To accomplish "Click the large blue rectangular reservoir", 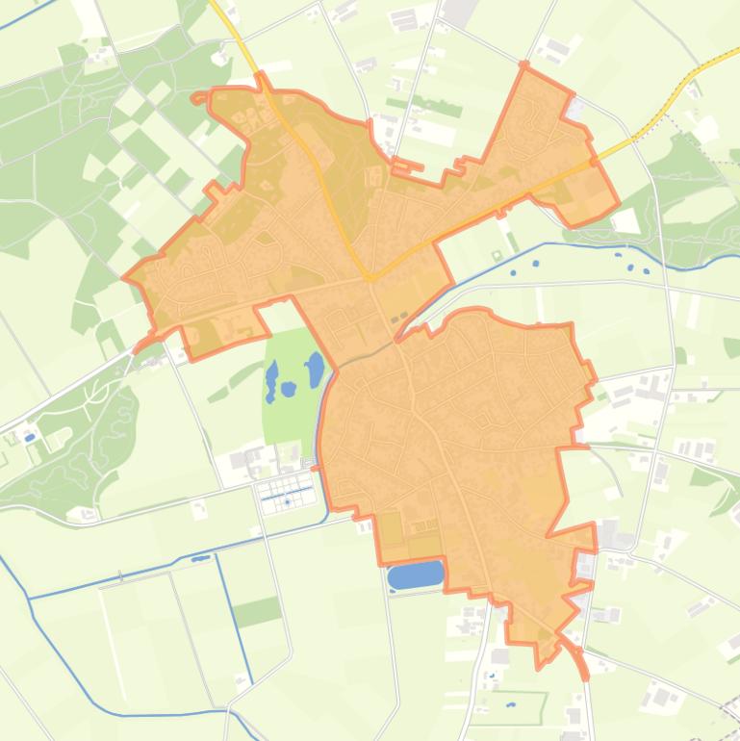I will [x=416, y=575].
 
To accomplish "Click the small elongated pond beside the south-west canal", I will [x=200, y=557].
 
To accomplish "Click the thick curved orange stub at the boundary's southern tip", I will [x=576, y=658].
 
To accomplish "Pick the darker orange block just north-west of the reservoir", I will [x=390, y=527].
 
